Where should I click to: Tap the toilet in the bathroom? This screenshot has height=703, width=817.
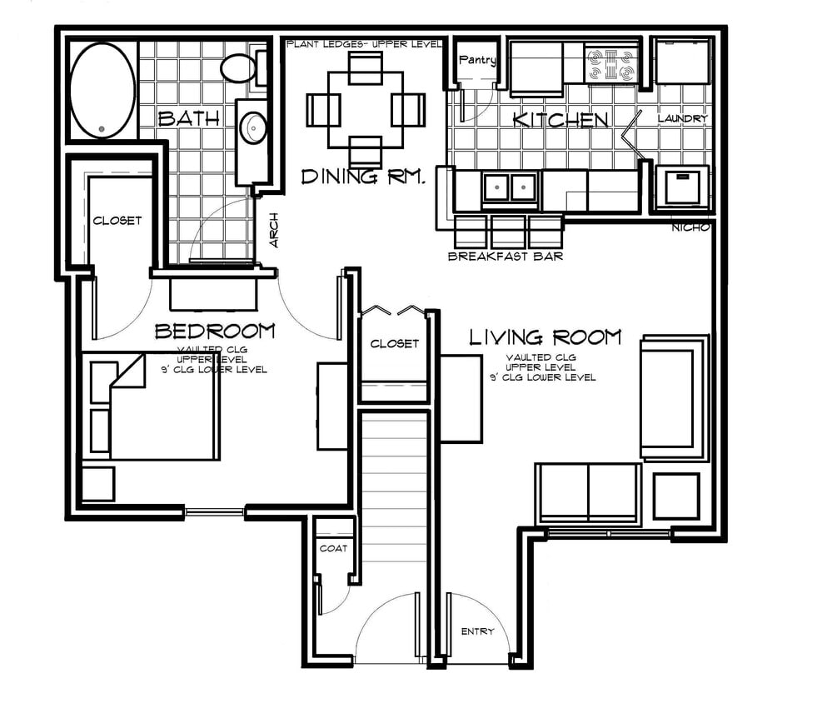tap(242, 67)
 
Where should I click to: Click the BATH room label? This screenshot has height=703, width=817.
tap(189, 119)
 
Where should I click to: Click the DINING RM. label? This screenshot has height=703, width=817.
tap(364, 177)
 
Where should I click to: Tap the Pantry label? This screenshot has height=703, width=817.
tap(478, 60)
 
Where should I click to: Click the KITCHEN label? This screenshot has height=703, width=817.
tap(560, 120)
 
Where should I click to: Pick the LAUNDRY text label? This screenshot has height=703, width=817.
tap(682, 119)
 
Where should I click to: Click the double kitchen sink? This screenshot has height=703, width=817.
tap(510, 187)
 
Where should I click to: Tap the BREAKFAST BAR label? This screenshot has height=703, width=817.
tap(505, 256)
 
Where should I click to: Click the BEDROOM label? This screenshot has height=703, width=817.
tap(215, 332)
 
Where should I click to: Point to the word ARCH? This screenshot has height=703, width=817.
tap(274, 230)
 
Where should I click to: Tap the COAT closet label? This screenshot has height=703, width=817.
tap(333, 548)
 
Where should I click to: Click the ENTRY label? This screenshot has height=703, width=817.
tap(477, 631)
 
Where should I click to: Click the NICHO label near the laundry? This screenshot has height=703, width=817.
tap(691, 227)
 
